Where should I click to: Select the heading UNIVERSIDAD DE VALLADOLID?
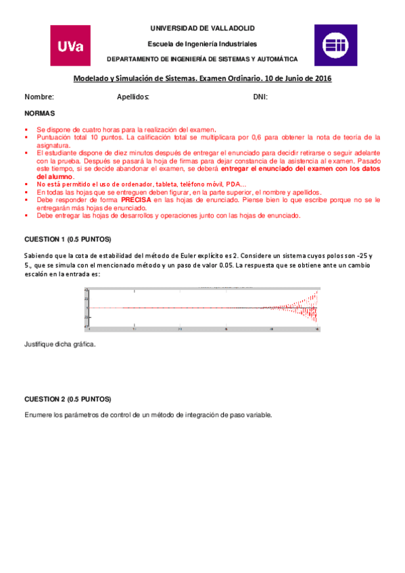point(202,28)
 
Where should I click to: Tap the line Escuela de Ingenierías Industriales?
point(202,43)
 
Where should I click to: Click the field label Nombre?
point(39,97)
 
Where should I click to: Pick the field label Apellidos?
point(133,97)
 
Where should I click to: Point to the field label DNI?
point(260,97)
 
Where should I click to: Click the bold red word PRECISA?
point(137,201)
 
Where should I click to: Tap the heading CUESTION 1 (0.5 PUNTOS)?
point(68,240)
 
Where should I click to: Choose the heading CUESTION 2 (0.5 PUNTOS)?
point(68,399)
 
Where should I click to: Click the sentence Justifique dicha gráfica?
point(59,345)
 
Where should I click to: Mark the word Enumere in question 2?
point(38,414)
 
